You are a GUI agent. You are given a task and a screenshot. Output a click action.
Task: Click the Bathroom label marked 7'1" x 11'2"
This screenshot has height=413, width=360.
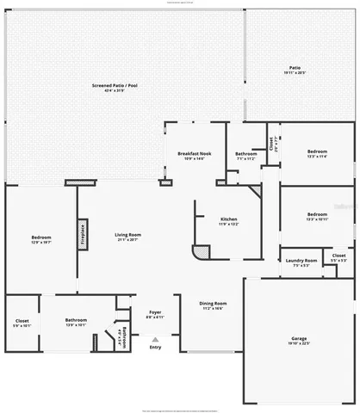(x=245, y=156)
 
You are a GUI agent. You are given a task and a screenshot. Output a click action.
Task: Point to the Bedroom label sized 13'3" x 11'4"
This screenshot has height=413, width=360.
(x=317, y=152)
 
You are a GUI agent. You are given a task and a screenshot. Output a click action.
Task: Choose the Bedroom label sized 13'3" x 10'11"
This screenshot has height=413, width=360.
(x=317, y=216)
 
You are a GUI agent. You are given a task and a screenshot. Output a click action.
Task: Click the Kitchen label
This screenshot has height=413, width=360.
(x=228, y=221)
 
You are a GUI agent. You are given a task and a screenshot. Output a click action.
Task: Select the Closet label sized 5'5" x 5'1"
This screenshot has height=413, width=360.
(x=339, y=257)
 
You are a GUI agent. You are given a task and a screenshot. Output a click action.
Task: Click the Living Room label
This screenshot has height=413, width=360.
(x=128, y=237)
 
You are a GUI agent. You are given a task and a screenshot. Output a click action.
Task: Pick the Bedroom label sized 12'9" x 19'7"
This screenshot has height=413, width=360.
(x=41, y=240)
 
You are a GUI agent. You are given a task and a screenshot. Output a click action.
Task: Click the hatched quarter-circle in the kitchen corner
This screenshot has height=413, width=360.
(x=201, y=253)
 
